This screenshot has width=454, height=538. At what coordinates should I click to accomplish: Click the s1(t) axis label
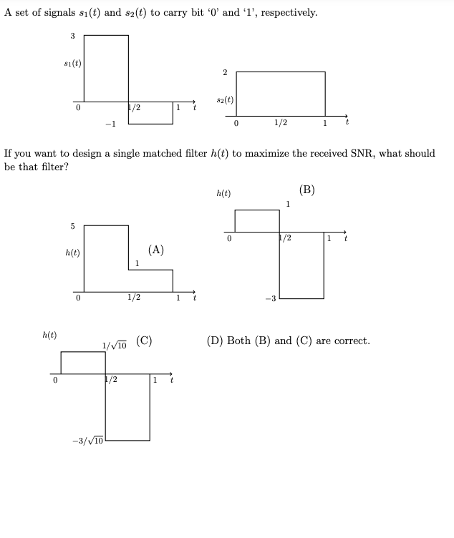click(72, 63)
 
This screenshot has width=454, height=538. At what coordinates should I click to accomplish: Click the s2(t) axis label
click(224, 100)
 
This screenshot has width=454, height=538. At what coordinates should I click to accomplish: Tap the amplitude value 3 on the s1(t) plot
click(72, 36)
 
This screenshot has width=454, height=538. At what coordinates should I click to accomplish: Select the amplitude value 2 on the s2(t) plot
click(224, 72)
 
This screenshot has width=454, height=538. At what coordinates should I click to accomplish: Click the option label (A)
click(156, 250)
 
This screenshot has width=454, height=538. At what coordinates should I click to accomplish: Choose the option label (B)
click(307, 190)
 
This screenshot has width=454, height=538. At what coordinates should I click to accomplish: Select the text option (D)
click(288, 341)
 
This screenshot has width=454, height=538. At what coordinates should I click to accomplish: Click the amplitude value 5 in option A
click(72, 227)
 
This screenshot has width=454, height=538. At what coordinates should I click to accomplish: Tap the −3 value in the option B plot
click(269, 298)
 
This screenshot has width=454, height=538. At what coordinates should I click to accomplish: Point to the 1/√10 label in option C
click(115, 344)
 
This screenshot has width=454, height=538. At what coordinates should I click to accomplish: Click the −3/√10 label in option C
click(89, 440)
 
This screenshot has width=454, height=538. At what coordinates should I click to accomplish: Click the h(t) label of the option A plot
click(72, 253)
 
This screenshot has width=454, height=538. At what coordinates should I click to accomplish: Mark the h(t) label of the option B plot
click(223, 193)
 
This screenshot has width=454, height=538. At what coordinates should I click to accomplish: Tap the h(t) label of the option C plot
click(50, 335)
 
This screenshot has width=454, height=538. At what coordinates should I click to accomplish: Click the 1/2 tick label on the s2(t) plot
click(281, 122)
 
